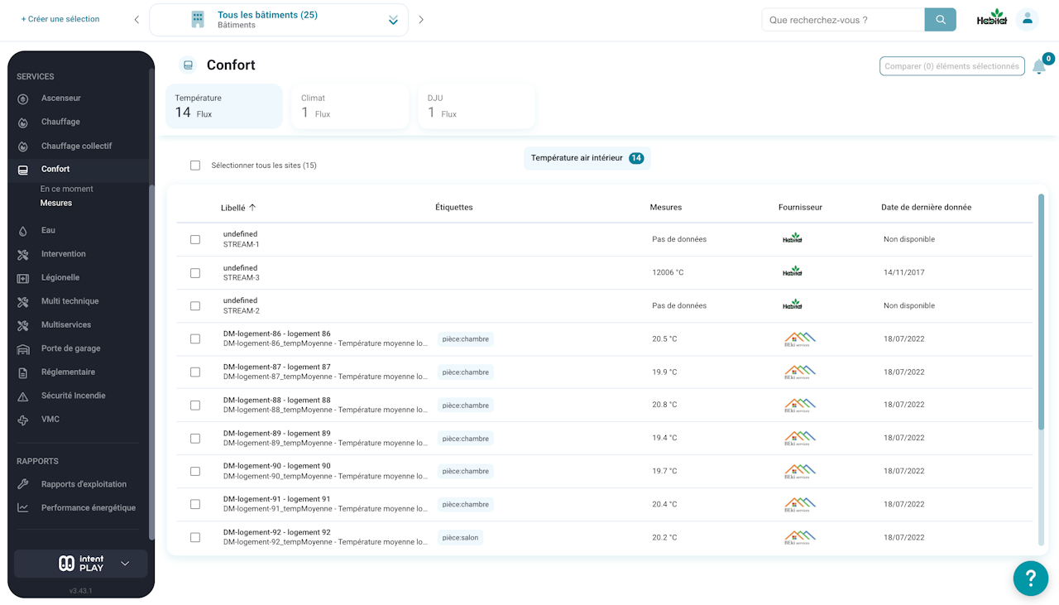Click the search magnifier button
click(x=940, y=19)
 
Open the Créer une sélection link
click(x=60, y=19)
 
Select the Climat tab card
click(x=350, y=106)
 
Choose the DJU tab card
click(x=476, y=106)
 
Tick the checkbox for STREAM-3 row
click(x=195, y=273)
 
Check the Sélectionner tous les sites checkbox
click(x=195, y=165)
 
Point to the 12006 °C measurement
click(x=668, y=272)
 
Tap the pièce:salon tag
click(x=460, y=537)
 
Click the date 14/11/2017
click(x=904, y=272)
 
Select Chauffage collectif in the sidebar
click(x=76, y=146)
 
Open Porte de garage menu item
click(x=70, y=348)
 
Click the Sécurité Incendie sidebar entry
click(x=73, y=396)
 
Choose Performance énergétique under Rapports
click(x=88, y=507)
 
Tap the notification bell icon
click(x=1038, y=67)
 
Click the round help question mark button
click(x=1031, y=578)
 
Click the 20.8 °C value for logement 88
click(x=664, y=405)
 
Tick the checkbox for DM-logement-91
click(x=195, y=504)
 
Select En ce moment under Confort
click(x=66, y=189)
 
